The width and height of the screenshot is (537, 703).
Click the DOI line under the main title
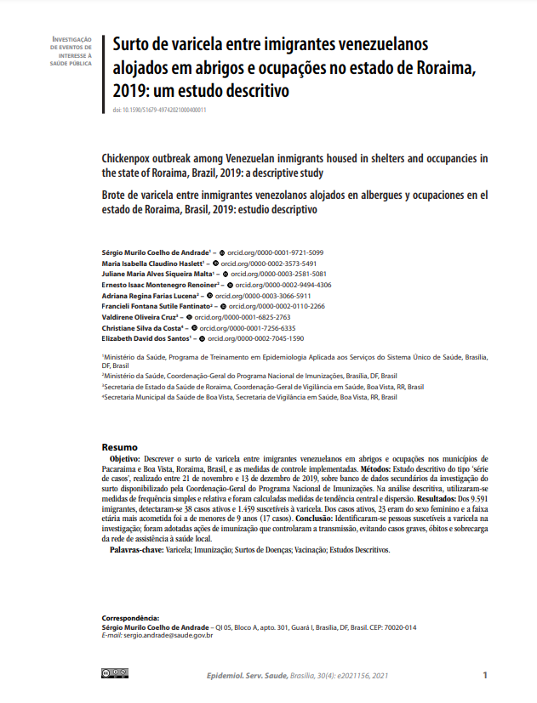point(159,111)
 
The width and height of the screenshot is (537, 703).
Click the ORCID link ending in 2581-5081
point(279,275)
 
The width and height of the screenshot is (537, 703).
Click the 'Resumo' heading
point(119,447)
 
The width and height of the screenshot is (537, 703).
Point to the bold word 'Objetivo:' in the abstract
point(126,458)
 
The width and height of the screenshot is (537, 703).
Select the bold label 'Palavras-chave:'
point(136,550)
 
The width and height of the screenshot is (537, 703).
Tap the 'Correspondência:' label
point(130,618)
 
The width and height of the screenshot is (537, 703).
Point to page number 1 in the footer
point(484,675)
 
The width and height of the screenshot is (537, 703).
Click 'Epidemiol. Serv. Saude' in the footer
point(247,676)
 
